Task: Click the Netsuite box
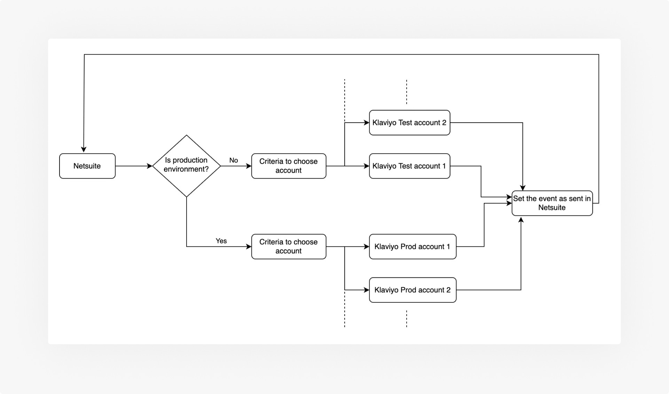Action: (87, 166)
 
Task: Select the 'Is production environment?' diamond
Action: (187, 166)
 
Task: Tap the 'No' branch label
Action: (234, 160)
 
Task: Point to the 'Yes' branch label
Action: (221, 241)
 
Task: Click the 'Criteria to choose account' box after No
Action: (289, 166)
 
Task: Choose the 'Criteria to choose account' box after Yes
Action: (289, 246)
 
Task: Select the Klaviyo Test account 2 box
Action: (409, 123)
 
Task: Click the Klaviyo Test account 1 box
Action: (409, 166)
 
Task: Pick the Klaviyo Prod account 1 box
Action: (412, 246)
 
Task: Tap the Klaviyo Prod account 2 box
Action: (412, 290)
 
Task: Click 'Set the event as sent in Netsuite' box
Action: (552, 203)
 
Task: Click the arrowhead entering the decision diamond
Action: (150, 166)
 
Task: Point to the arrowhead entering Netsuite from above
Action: (84, 150)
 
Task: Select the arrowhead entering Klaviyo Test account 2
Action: (366, 123)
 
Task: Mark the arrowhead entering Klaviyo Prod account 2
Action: (366, 290)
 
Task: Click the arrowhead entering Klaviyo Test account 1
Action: (366, 166)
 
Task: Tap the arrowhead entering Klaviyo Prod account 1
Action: (366, 246)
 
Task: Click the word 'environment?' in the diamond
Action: (186, 169)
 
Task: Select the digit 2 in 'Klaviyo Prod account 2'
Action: (448, 290)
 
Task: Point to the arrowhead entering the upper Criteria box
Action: (249, 166)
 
